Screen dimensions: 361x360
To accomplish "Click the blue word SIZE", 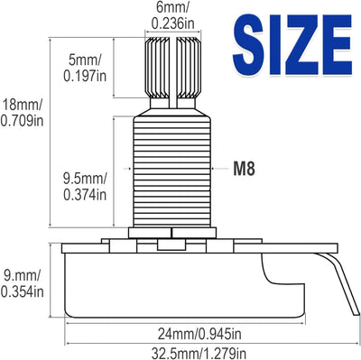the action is click(292, 45).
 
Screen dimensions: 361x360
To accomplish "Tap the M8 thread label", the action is click(245, 169).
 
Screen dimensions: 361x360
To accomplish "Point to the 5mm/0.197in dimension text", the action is click(85, 69).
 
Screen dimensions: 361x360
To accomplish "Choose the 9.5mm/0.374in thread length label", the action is click(85, 187).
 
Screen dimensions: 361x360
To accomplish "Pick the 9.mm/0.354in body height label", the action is click(22, 284).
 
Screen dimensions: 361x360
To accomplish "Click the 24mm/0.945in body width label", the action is click(199, 333).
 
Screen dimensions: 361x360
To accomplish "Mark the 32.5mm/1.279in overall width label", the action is click(199, 353).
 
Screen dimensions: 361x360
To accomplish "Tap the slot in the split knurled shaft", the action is click(172, 72).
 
